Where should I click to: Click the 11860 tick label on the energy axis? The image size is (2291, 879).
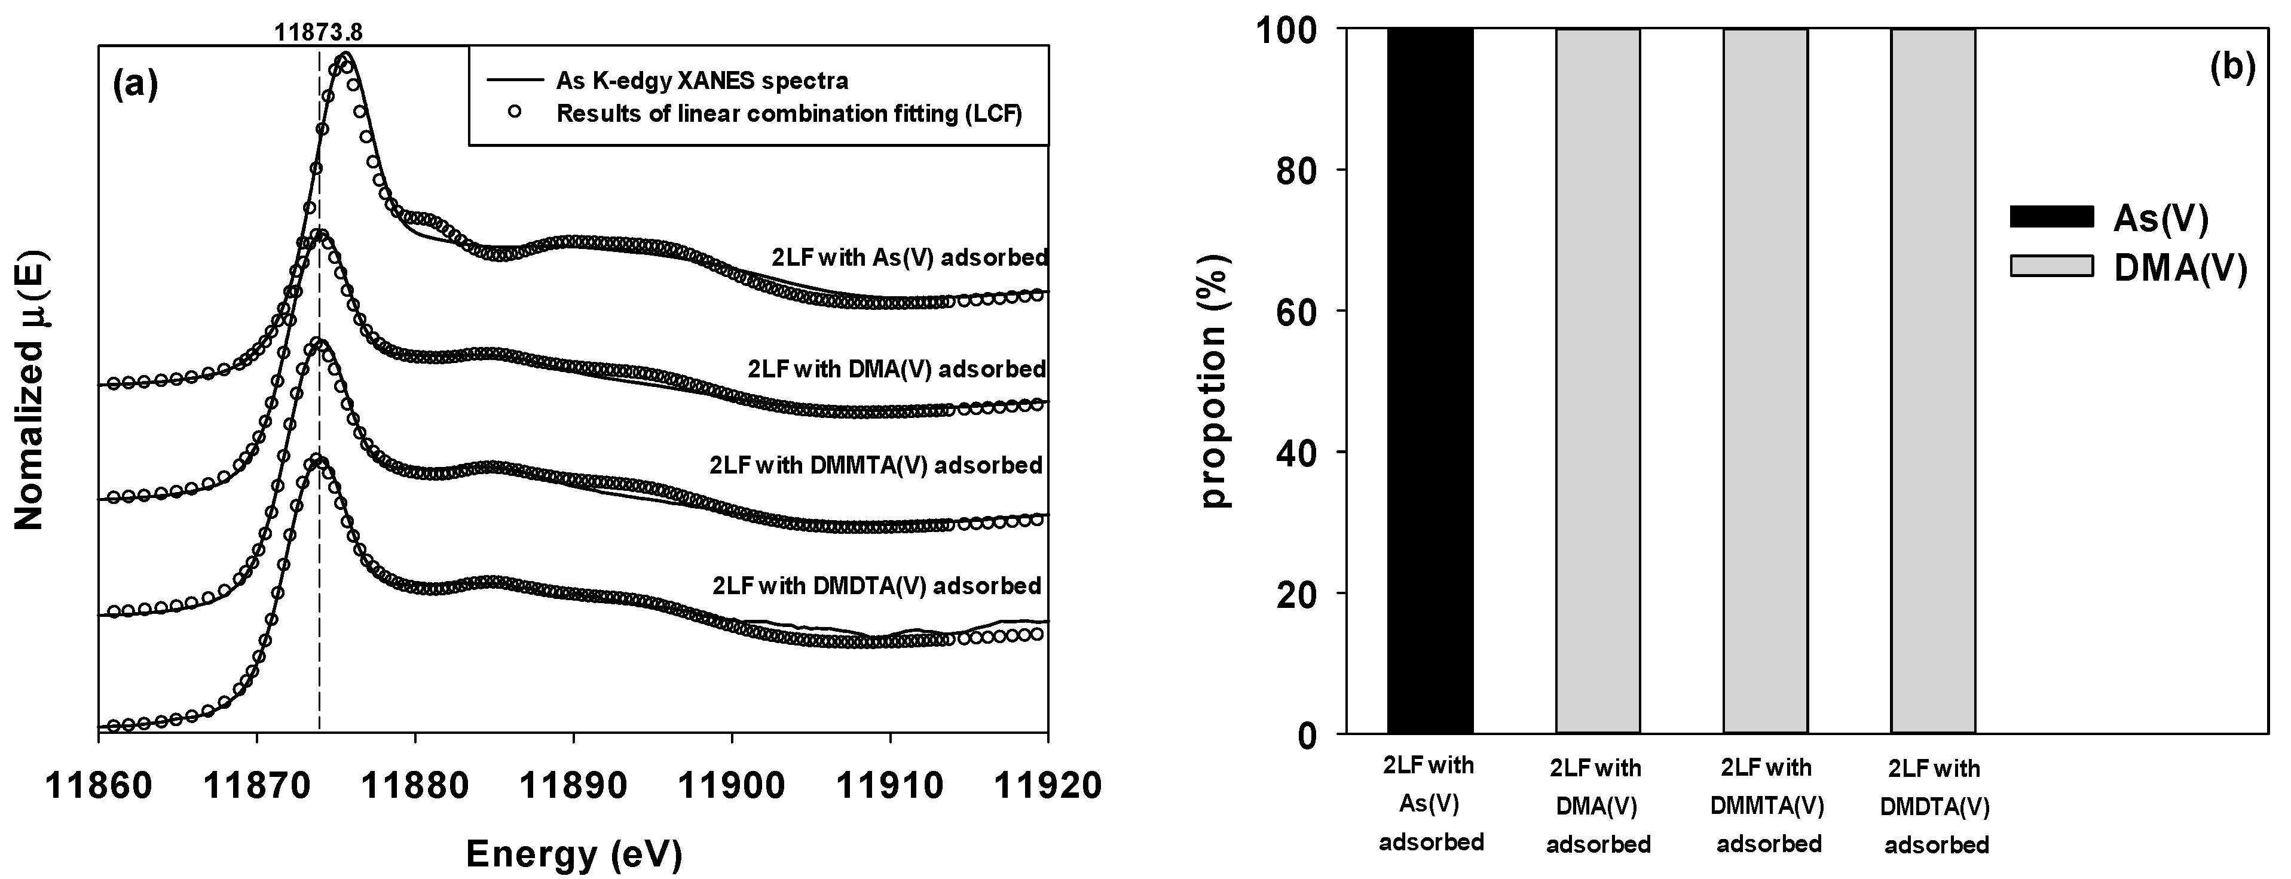click(x=98, y=786)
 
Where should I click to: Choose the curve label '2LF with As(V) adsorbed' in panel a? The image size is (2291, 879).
click(x=909, y=257)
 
